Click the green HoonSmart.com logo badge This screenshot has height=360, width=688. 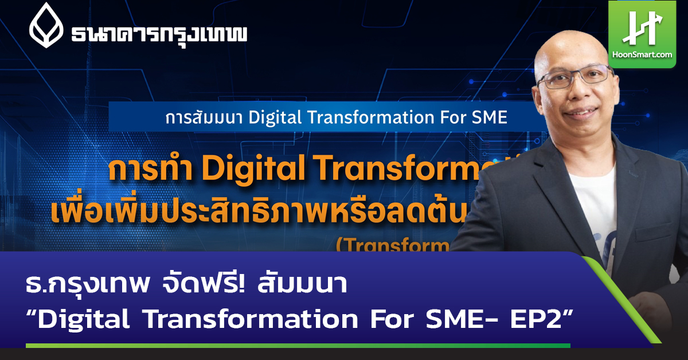(x=650, y=34)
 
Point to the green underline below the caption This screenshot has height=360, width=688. (x=298, y=345)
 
